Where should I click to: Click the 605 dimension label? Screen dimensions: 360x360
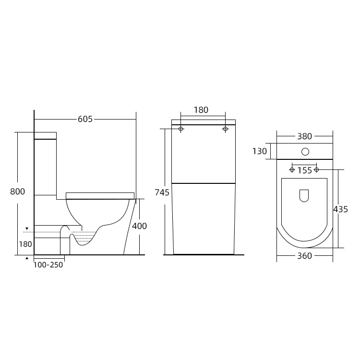[x=85, y=119]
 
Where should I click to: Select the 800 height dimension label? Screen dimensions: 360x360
[x=17, y=192]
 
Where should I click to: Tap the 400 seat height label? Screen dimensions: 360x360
[x=139, y=226]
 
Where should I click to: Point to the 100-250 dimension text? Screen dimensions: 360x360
[x=48, y=264]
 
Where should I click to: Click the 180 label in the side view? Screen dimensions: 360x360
[x=25, y=244]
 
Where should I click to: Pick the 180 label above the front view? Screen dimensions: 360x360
[x=201, y=110]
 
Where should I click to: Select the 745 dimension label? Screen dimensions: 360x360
[x=162, y=192]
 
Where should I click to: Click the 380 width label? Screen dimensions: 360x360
[x=304, y=136]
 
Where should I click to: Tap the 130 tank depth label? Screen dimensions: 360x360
[x=260, y=151]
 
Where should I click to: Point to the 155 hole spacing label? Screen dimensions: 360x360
[x=304, y=170]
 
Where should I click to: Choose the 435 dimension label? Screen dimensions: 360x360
[x=340, y=209]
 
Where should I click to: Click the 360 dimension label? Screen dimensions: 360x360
[x=304, y=256]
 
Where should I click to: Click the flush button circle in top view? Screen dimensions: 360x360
[x=305, y=152]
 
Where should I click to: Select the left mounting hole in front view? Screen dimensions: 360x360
[x=181, y=129]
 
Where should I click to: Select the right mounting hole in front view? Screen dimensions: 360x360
[x=225, y=129]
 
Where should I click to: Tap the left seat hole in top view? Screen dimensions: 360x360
[x=292, y=169]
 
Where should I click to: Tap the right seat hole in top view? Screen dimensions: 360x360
[x=316, y=169]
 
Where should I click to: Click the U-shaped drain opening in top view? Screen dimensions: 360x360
[x=304, y=195]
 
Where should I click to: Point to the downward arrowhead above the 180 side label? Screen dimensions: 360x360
[x=27, y=228]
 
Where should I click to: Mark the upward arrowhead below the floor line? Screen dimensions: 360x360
[x=27, y=258]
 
